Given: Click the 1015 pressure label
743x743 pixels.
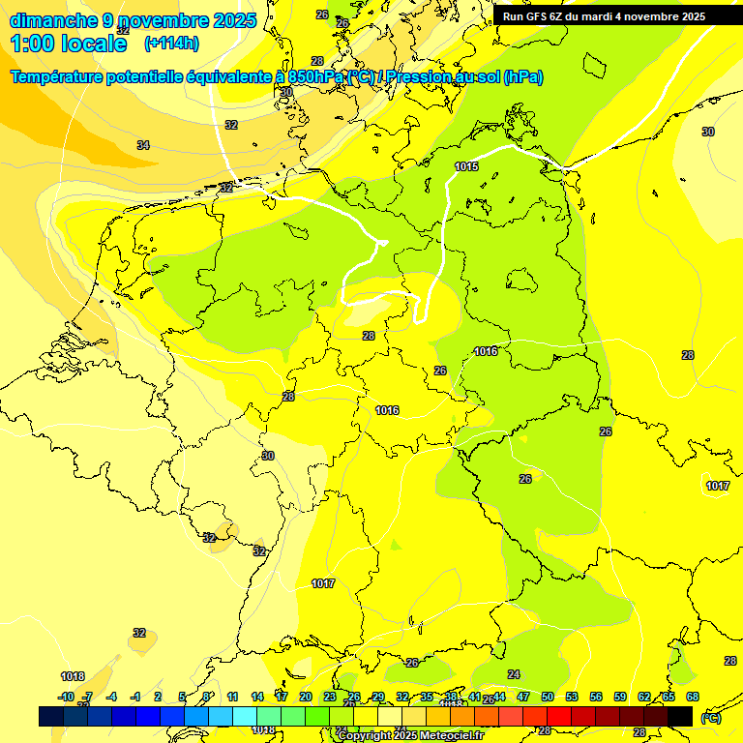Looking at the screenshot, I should pos(466,166).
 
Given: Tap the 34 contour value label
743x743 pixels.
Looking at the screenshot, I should pos(143,145).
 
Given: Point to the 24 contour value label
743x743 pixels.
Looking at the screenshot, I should pos(514,674).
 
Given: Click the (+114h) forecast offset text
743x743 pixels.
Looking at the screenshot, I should pos(171,43).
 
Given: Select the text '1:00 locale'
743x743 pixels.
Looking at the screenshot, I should pos(69,44).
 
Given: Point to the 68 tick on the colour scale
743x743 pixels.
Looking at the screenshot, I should pos(692,697).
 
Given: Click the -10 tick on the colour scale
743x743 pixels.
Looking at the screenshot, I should pos(66,697).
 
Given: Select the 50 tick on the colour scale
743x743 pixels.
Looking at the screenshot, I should pos(548,697).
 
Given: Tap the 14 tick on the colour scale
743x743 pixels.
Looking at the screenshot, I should pos(257,697).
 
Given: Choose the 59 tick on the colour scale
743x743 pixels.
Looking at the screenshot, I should pos(619,697).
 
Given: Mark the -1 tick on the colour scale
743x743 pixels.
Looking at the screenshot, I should pos(135,697).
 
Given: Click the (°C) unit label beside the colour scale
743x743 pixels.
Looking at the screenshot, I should pos(710,717).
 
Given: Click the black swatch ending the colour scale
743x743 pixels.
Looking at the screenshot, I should pos(680,716).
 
